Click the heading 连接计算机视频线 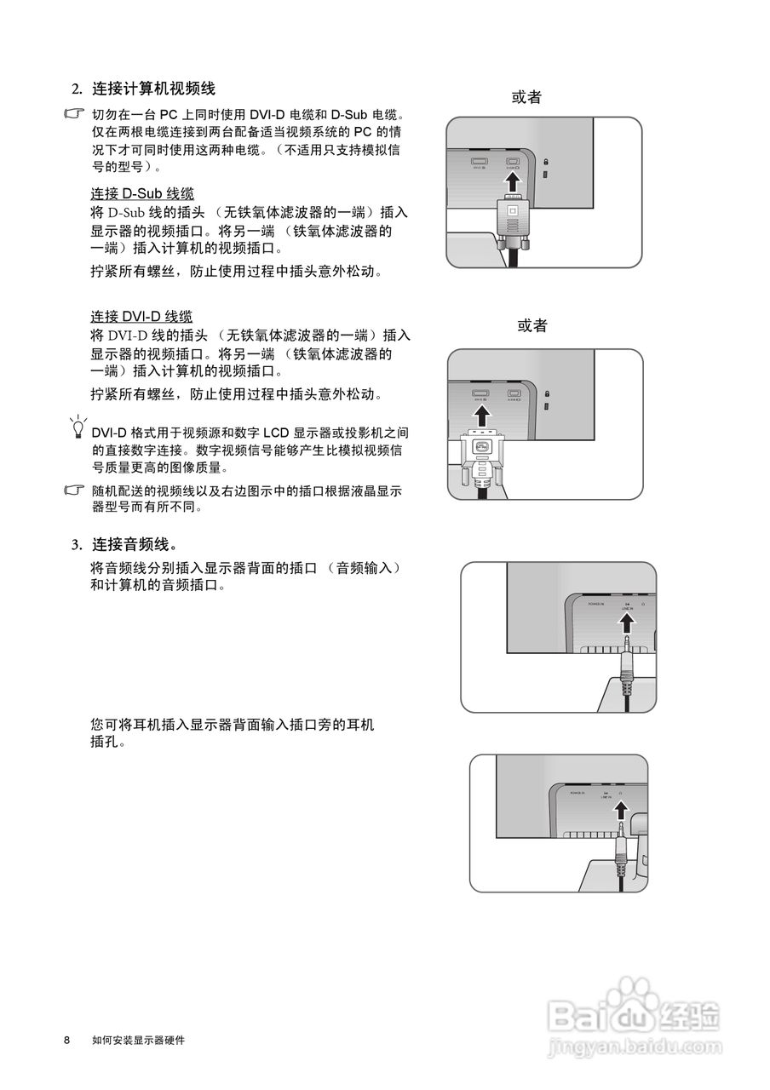153,88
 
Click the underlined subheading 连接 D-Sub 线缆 142,193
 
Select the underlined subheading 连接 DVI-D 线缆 141,317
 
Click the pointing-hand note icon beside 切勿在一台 76,114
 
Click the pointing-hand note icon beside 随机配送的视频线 76,491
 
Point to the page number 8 66,1041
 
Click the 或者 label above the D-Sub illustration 526,97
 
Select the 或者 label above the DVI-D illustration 532,325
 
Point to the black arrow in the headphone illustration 620,812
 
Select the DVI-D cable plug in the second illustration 482,451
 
